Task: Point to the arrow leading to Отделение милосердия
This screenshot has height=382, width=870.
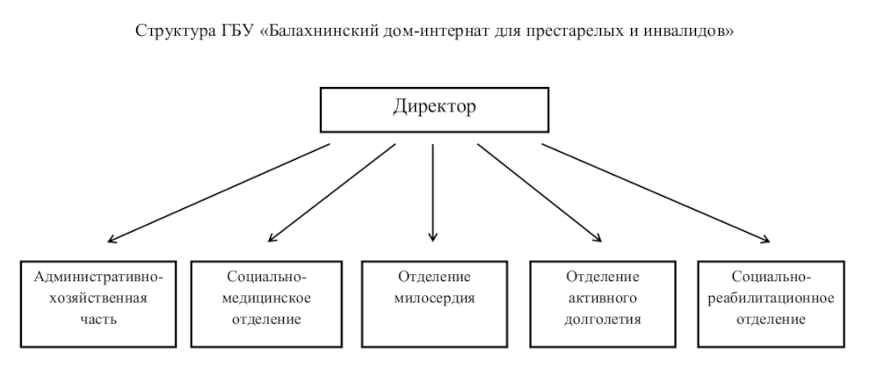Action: (432, 193)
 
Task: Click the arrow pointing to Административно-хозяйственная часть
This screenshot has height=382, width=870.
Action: (219, 193)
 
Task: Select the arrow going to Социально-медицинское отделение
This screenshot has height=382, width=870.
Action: (332, 193)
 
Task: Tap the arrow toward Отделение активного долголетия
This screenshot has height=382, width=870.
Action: (540, 193)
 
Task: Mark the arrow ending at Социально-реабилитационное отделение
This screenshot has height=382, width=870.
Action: (656, 193)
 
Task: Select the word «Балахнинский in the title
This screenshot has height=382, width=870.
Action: (318, 31)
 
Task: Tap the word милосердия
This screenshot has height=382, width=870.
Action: (434, 299)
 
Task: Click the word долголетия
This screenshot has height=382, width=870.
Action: (603, 320)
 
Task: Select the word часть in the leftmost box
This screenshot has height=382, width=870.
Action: (98, 320)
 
